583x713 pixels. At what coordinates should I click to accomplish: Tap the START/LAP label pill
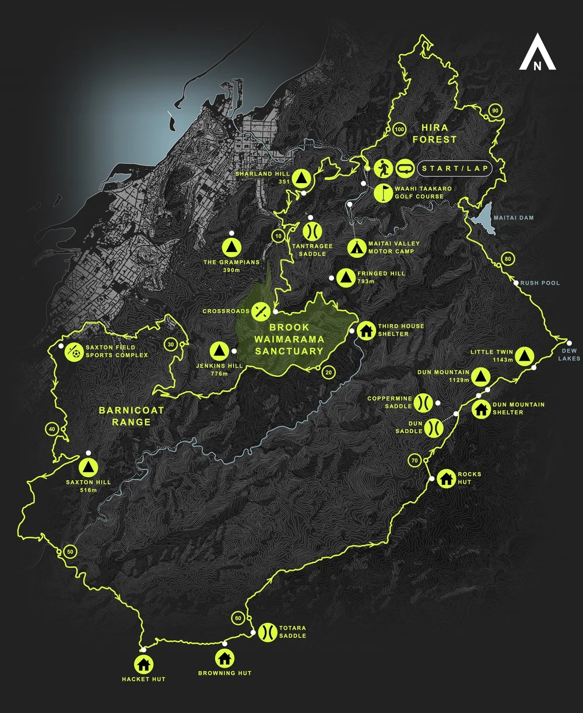click(453, 169)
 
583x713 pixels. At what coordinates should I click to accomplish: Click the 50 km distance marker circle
click(70, 552)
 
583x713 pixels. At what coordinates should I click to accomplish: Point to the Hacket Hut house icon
click(143, 663)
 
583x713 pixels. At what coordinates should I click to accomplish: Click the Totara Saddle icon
click(267, 631)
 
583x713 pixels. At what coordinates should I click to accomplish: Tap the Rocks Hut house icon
click(446, 478)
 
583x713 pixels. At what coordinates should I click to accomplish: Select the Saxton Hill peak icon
click(88, 467)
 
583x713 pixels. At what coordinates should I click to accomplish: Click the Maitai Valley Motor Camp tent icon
click(355, 248)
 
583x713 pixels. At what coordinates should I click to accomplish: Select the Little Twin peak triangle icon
click(524, 355)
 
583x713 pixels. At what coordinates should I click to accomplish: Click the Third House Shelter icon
click(366, 330)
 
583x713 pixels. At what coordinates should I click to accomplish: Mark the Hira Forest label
click(434, 134)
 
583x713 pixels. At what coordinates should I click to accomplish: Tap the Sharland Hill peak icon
click(301, 177)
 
